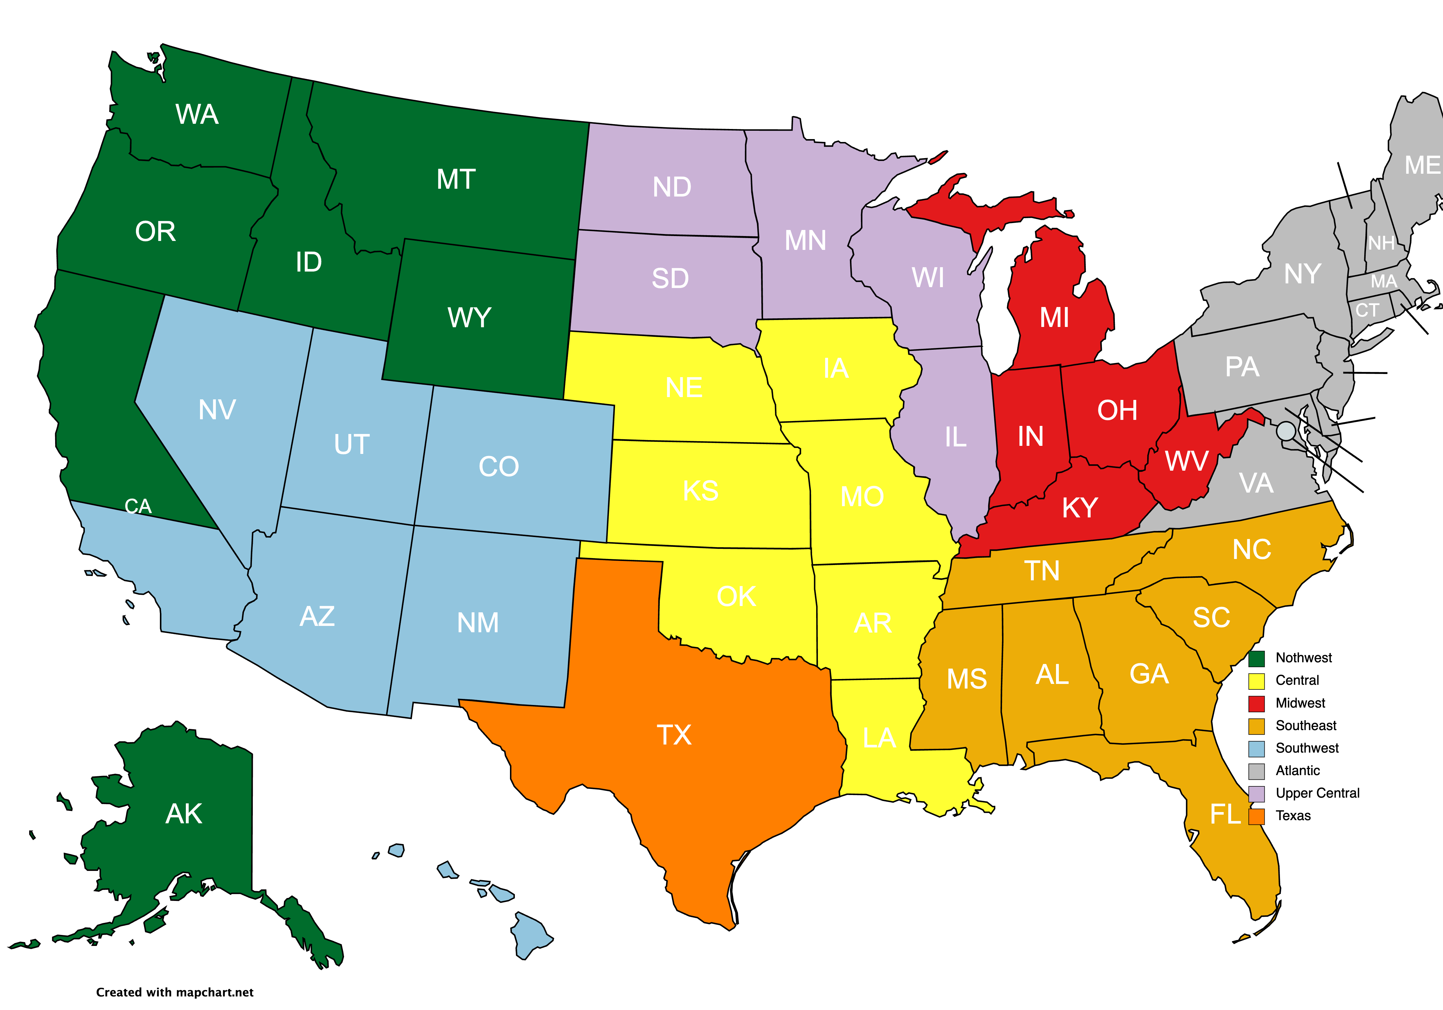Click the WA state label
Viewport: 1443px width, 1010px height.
point(197,114)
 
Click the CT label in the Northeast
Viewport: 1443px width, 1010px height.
point(1367,310)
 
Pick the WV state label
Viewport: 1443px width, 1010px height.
point(1186,461)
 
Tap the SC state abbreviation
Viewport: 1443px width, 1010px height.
point(1211,617)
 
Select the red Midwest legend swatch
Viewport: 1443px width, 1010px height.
point(1256,703)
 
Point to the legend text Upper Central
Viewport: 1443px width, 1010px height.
point(1317,793)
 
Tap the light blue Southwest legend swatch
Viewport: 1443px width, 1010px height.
point(1256,749)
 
